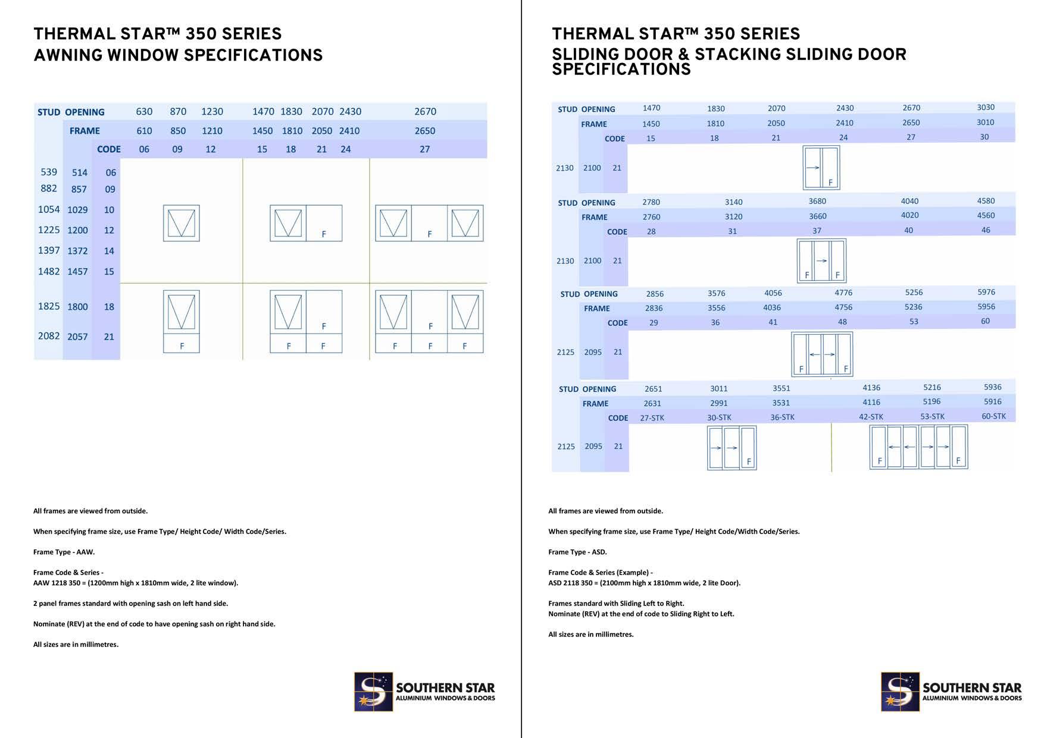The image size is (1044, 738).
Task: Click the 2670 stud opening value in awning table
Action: (x=425, y=112)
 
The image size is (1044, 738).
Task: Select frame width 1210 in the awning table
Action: (x=212, y=131)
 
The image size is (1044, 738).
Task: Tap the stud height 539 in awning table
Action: (x=49, y=172)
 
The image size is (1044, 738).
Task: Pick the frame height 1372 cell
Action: (x=77, y=251)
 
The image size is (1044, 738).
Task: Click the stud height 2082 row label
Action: (x=49, y=336)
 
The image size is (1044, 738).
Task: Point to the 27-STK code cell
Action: (x=652, y=418)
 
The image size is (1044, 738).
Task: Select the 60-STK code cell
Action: (x=993, y=416)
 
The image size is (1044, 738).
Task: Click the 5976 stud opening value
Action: (x=986, y=292)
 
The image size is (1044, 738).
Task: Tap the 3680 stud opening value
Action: (x=817, y=202)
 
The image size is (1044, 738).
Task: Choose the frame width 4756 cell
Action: (x=843, y=307)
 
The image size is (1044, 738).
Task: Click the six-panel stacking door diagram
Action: (x=918, y=447)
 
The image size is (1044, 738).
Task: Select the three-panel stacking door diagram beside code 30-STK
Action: (x=732, y=448)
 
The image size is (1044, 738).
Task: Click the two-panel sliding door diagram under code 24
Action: (x=821, y=168)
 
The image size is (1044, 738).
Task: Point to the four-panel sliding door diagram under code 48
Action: (x=821, y=354)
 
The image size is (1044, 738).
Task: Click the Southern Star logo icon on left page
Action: (x=373, y=692)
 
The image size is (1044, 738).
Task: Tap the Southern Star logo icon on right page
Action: (x=900, y=692)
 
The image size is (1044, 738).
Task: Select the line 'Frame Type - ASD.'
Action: (x=577, y=552)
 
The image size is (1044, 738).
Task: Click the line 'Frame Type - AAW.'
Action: (x=64, y=552)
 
